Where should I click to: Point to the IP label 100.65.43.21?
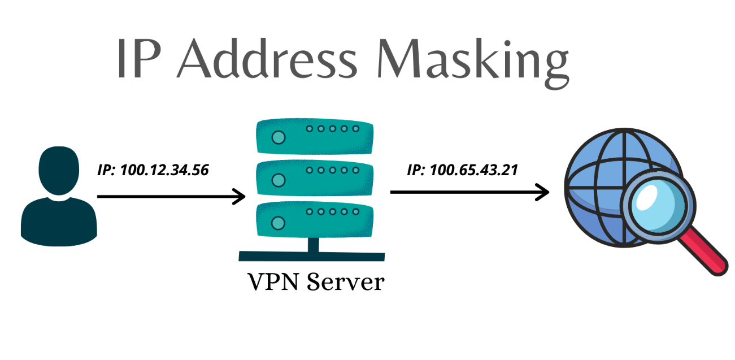pyautogui.click(x=462, y=170)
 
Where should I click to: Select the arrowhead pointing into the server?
pyautogui.click(x=240, y=197)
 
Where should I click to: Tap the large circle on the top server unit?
pyautogui.click(x=278, y=137)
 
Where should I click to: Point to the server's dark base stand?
pyautogui.click(x=311, y=256)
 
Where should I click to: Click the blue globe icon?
pyautogui.click(x=599, y=181)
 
